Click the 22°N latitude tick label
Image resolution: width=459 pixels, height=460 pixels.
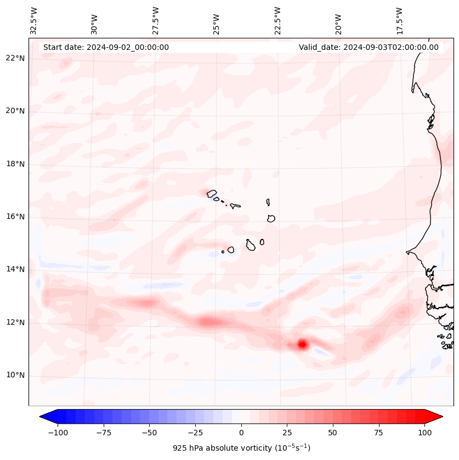[x=15, y=58]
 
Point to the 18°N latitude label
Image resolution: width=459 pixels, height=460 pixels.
[x=15, y=164]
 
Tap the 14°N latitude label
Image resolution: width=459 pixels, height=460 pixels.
[x=15, y=269]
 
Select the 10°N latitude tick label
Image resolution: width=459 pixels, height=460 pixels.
[x=15, y=375]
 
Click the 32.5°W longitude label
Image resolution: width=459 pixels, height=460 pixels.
[x=34, y=21]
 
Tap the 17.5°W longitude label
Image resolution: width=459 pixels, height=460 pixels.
[x=399, y=21]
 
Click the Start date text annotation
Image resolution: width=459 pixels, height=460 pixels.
[x=106, y=47]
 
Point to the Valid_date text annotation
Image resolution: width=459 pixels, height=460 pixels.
[x=369, y=47]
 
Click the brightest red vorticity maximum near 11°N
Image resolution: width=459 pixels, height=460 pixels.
[x=302, y=344]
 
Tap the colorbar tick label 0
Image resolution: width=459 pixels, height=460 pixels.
[x=241, y=433]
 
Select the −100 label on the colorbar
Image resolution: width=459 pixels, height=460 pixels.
[x=58, y=433]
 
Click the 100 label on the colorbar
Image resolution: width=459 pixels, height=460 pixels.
[x=424, y=433]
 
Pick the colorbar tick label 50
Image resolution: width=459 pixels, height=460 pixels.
[x=333, y=433]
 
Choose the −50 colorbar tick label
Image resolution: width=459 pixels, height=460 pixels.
[x=149, y=433]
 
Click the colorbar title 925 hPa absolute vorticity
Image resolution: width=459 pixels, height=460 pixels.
[x=241, y=448]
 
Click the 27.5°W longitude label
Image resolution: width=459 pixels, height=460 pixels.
[x=156, y=21]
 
